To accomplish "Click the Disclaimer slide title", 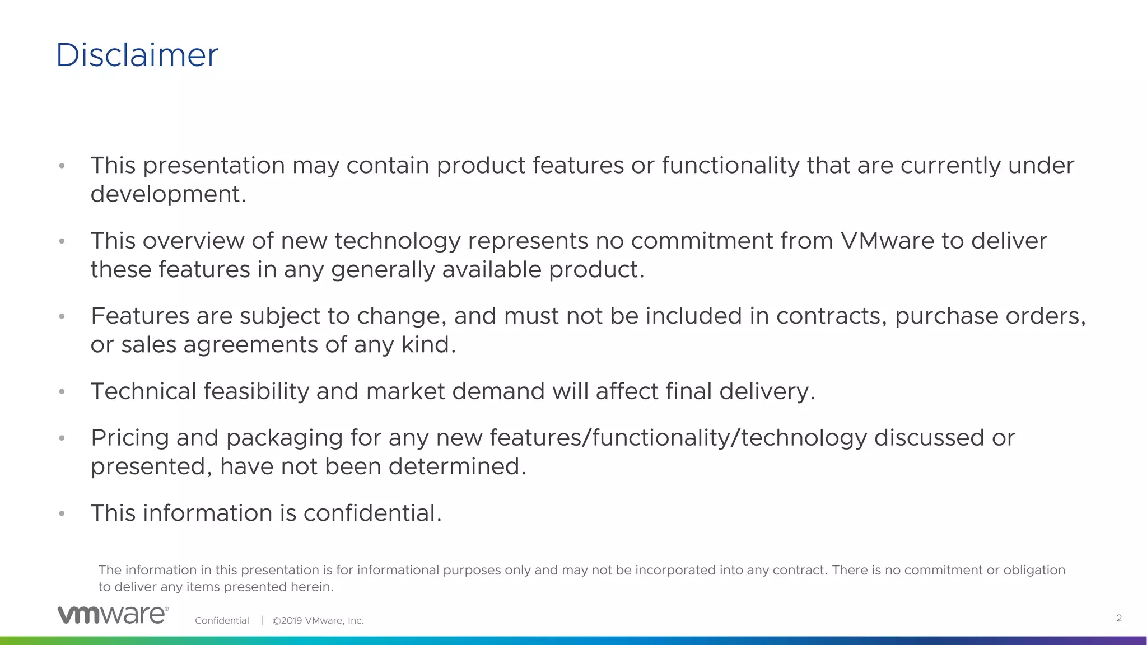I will pyautogui.click(x=137, y=55).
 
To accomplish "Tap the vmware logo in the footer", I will pyautogui.click(x=113, y=615).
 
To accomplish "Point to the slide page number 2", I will pyautogui.click(x=1119, y=618).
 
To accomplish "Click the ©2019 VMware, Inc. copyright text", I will pyautogui.click(x=318, y=620).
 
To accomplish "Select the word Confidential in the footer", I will pyautogui.click(x=222, y=620).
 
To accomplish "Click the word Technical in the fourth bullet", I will pyautogui.click(x=143, y=391).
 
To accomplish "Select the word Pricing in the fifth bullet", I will pyautogui.click(x=130, y=438).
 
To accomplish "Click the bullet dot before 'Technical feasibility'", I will pyautogui.click(x=62, y=391).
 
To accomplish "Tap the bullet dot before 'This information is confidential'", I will pyautogui.click(x=62, y=513).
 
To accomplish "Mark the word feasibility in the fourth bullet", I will pyautogui.click(x=256, y=391).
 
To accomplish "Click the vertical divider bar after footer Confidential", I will pyautogui.click(x=262, y=620).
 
